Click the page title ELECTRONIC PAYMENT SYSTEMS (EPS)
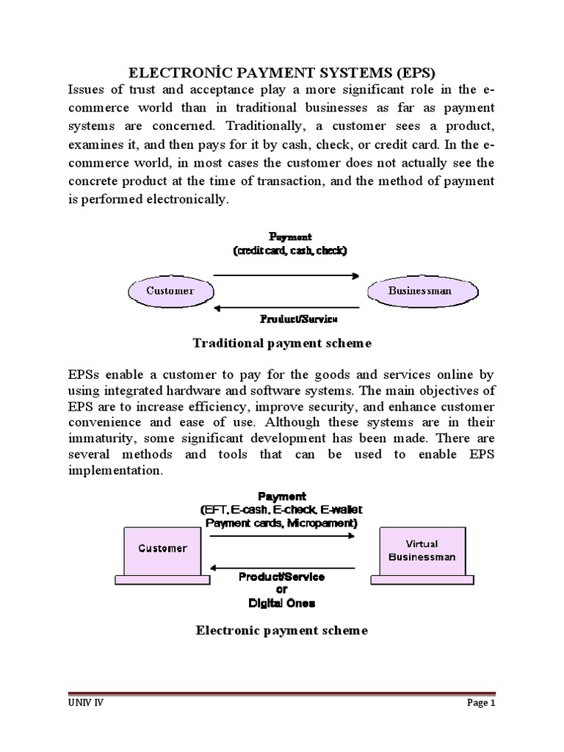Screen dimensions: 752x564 click(283, 73)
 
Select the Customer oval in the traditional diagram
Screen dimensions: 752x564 click(170, 291)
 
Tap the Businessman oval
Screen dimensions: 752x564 click(420, 291)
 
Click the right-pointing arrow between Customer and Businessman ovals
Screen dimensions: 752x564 click(286, 277)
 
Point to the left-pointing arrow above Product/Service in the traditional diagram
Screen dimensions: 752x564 click(286, 308)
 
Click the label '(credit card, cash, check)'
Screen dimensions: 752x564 click(291, 250)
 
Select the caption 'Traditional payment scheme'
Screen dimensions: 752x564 click(282, 343)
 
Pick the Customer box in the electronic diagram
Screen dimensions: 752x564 click(163, 549)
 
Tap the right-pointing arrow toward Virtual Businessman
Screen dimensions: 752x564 click(283, 537)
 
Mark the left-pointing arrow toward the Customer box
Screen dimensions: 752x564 click(283, 568)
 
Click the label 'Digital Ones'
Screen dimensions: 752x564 click(281, 603)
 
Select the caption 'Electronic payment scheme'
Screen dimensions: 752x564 click(281, 630)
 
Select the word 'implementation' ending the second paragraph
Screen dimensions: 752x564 click(114, 471)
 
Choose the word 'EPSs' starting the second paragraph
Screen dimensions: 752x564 click(83, 374)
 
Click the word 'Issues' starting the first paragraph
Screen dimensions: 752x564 click(87, 90)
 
